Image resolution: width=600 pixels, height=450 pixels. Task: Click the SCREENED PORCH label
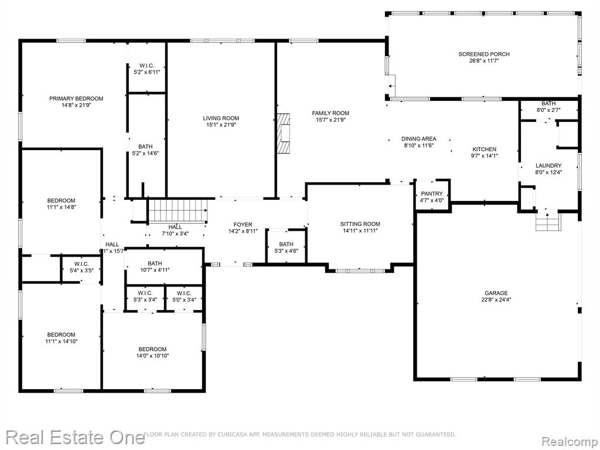click(484, 54)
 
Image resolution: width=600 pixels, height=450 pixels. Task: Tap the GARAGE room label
click(496, 293)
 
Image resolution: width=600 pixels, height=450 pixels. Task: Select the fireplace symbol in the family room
click(284, 133)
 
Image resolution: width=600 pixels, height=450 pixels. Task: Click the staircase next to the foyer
click(178, 210)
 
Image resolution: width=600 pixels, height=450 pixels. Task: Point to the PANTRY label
click(432, 193)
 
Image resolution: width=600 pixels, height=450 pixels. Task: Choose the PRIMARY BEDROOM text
click(76, 98)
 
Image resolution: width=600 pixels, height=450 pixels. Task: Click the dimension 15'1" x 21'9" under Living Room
click(221, 125)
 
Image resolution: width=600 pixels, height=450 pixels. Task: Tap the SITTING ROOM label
click(360, 224)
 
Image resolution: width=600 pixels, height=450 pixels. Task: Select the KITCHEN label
click(485, 149)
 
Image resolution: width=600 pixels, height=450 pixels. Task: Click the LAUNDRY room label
click(548, 166)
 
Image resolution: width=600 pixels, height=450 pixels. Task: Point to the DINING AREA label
click(418, 139)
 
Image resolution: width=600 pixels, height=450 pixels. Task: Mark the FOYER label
click(243, 224)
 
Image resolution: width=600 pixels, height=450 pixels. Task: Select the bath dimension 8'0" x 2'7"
click(548, 110)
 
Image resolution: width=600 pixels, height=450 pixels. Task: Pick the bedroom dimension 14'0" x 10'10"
click(152, 356)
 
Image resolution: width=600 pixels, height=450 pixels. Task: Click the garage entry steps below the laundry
click(547, 221)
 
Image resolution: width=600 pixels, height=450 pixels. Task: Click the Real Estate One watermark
click(75, 437)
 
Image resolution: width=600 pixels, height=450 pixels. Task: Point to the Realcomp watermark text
click(569, 442)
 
